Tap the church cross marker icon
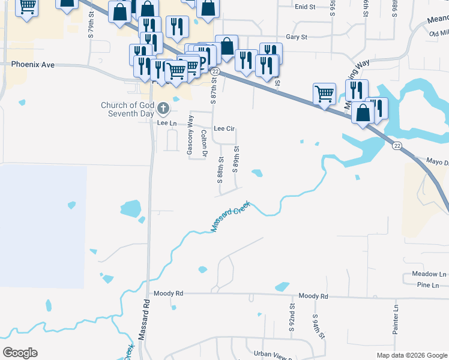click(x=163, y=109)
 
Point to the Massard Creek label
click(x=230, y=217)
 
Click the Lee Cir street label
click(x=223, y=128)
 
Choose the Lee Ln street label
click(x=167, y=123)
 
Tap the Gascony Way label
click(x=190, y=136)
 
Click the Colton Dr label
click(x=204, y=144)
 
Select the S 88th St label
click(x=220, y=170)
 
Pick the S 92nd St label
click(x=292, y=318)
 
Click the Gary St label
click(x=297, y=37)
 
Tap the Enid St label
click(x=305, y=7)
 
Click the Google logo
click(x=20, y=353)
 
